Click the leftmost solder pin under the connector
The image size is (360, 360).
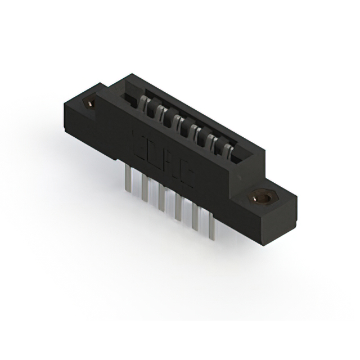pos(127,181)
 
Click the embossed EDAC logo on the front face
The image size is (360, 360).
pos(163,160)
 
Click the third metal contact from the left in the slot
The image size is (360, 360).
pos(177,119)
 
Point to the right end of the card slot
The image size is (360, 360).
pos(239,156)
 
